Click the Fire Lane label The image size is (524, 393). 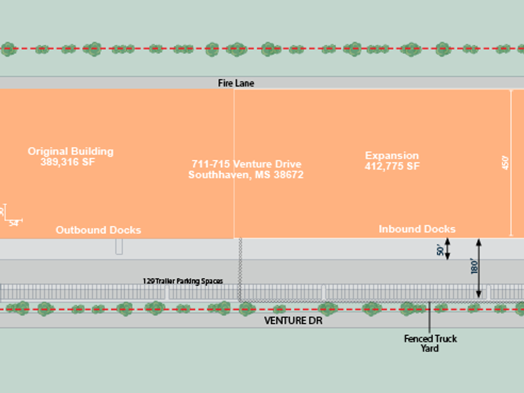pyautogui.click(x=236, y=83)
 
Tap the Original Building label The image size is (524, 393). pyautogui.click(x=71, y=152)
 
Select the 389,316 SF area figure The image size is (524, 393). pyautogui.click(x=67, y=162)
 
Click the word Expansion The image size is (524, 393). pyautogui.click(x=392, y=155)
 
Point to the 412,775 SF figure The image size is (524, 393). pyautogui.click(x=392, y=166)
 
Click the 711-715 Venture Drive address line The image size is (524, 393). pyautogui.click(x=246, y=164)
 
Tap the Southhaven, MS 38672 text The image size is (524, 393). pyautogui.click(x=246, y=175)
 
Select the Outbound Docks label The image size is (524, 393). pyautogui.click(x=98, y=230)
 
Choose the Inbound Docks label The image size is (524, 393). pyautogui.click(x=417, y=229)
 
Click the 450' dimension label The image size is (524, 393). pyautogui.click(x=505, y=162)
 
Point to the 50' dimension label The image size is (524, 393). pyautogui.click(x=440, y=250)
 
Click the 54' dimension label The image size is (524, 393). pyautogui.click(x=15, y=223)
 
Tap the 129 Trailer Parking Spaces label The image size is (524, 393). pyautogui.click(x=183, y=281)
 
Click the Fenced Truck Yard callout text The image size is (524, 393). pyautogui.click(x=430, y=343)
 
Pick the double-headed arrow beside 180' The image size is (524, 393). pyautogui.click(x=479, y=268)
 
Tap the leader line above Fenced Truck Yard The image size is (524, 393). pyautogui.click(x=430, y=316)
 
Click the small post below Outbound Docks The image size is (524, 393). pyautogui.click(x=119, y=247)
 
